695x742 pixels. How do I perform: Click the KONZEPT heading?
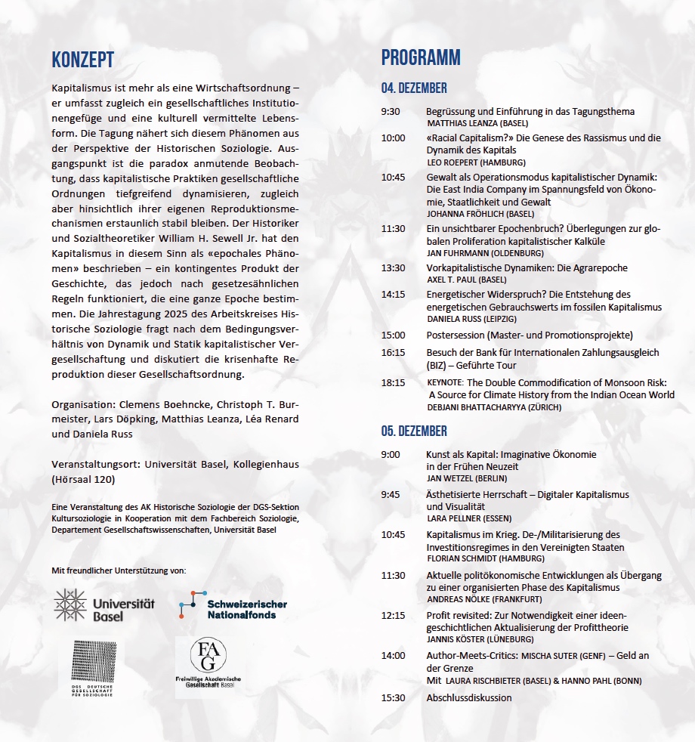[x=82, y=60]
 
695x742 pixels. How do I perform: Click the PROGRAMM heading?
[x=421, y=57]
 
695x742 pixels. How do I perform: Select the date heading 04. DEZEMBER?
[x=414, y=88]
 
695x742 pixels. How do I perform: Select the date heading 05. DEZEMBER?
[x=414, y=431]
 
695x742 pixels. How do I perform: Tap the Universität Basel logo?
[x=104, y=605]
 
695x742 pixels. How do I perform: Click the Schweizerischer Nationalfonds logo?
[x=233, y=606]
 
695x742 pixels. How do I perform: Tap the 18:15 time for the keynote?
[x=393, y=383]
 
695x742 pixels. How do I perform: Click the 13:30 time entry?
[x=393, y=268]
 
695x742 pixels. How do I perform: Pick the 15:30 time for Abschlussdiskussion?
[x=393, y=697]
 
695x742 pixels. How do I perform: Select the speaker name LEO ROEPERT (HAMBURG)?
[x=476, y=162]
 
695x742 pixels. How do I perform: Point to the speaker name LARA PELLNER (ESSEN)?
[x=469, y=518]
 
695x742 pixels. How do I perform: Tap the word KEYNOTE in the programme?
[x=447, y=383]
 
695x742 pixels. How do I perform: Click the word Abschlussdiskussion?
[x=468, y=697]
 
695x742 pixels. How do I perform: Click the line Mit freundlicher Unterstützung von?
[x=118, y=569]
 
